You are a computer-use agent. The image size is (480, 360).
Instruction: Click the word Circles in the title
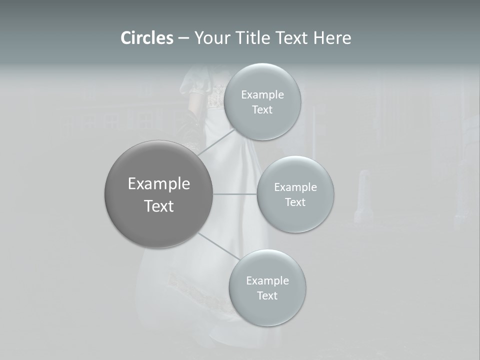147,38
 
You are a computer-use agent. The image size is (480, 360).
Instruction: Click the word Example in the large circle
158,184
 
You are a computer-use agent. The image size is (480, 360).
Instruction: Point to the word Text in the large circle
158,206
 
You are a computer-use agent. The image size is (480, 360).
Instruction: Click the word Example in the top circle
262,95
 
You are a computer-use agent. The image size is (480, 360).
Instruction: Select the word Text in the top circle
262,110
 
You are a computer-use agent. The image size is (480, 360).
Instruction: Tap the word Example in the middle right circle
295,187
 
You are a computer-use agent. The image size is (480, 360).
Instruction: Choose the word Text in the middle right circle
295,202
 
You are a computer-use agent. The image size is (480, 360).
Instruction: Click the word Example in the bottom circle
267,280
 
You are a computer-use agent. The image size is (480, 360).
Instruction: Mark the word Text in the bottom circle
267,295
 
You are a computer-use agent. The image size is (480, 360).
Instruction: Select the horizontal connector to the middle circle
235,193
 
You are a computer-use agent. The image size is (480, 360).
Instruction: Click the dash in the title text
183,38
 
